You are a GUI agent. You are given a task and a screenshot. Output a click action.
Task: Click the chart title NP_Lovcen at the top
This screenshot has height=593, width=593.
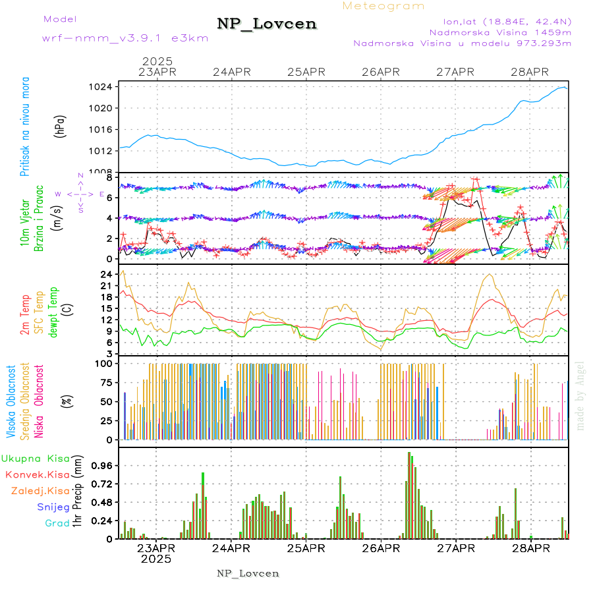coord(267,24)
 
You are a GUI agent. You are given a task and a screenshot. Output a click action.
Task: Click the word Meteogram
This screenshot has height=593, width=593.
coord(384,6)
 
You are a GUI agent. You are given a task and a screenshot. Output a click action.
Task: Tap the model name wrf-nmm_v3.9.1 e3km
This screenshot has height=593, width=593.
coord(125,38)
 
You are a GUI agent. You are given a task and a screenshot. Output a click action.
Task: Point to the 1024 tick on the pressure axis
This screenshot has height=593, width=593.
coord(104,87)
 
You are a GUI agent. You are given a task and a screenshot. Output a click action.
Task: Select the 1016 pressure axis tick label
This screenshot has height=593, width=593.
coord(104,129)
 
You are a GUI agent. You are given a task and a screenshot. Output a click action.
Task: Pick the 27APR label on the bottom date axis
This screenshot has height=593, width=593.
coord(455,548)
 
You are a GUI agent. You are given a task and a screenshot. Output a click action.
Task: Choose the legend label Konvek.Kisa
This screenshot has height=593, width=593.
coord(37,474)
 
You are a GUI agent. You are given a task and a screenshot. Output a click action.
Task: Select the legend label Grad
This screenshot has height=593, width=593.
coord(57,523)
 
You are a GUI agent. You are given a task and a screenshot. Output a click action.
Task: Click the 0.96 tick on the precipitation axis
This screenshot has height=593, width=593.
coord(102,465)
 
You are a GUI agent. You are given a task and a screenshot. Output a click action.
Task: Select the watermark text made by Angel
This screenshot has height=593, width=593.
coord(580,395)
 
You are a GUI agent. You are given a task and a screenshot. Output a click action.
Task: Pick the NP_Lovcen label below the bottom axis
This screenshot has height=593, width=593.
coord(248,573)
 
